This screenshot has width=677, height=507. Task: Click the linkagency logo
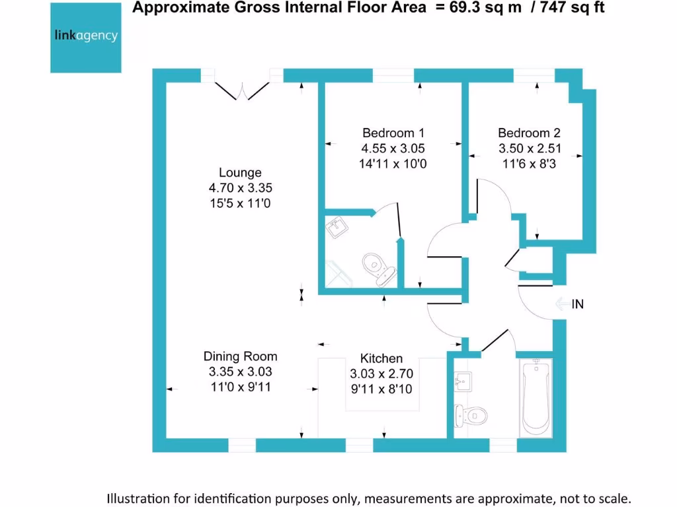click(86, 36)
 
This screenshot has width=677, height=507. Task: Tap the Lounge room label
click(240, 173)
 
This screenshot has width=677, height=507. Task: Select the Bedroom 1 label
click(393, 133)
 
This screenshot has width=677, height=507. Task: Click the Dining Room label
click(240, 356)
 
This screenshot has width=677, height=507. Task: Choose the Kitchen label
click(381, 358)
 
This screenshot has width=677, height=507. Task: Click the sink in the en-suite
click(338, 228)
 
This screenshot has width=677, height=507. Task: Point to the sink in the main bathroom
click(464, 381)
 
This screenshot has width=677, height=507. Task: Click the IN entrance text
click(578, 304)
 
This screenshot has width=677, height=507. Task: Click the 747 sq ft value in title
click(570, 8)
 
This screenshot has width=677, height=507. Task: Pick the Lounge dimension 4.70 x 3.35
click(240, 189)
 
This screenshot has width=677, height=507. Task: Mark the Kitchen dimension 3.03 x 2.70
click(381, 374)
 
